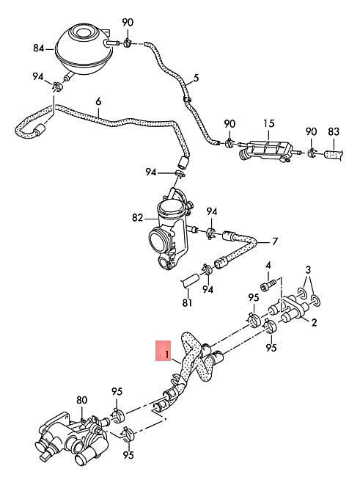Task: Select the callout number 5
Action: [196, 78]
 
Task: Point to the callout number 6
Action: [98, 101]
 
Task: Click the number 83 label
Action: [334, 132]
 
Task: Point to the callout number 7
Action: [275, 241]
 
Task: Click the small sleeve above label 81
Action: [190, 280]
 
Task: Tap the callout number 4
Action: [268, 265]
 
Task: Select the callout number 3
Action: [309, 270]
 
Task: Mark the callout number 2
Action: [314, 322]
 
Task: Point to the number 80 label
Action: [81, 401]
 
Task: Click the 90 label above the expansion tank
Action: [128, 23]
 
